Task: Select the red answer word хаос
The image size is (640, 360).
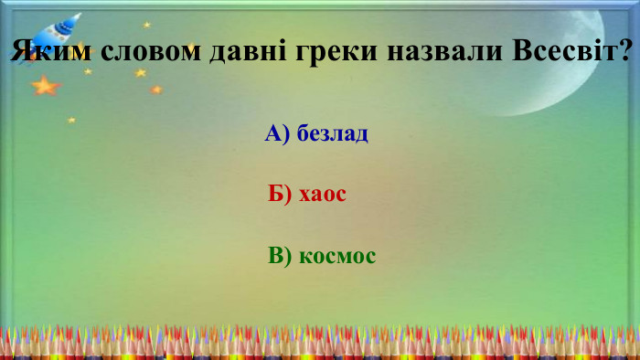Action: (x=323, y=194)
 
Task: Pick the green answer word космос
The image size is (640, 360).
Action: (x=337, y=255)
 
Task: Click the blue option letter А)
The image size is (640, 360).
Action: (x=277, y=134)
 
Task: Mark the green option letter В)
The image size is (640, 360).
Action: (x=280, y=255)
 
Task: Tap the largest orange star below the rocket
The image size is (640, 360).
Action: (x=44, y=86)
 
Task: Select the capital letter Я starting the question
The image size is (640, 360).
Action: (x=20, y=52)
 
